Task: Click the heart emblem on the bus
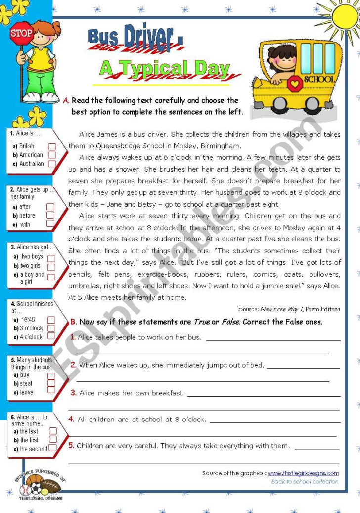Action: coord(295,83)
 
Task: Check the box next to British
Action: coord(52,146)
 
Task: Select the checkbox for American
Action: coord(52,155)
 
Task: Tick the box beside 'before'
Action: coord(50,215)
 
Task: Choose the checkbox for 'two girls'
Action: coord(51,266)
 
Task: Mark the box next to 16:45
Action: coord(51,320)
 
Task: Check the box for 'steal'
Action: coord(51,383)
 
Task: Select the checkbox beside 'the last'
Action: coord(52,431)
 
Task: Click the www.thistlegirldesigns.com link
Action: coord(303,473)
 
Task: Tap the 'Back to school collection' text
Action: coord(305,481)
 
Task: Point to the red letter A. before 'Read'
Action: coord(66,100)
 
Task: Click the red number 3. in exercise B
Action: coord(73,393)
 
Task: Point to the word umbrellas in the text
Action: coord(85,286)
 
